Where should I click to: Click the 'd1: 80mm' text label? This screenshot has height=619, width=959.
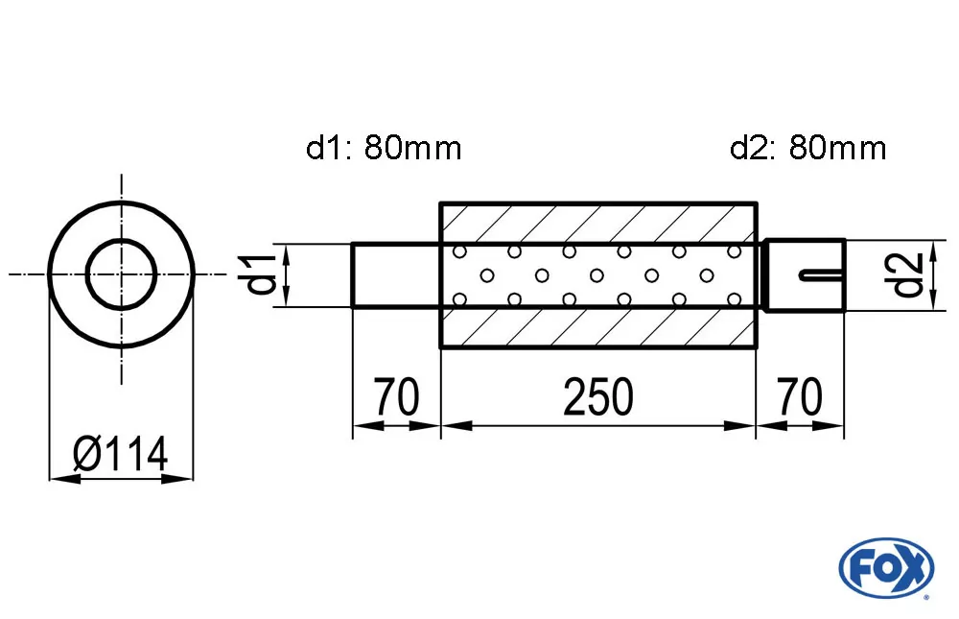384,148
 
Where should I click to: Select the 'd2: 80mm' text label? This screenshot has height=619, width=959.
807,148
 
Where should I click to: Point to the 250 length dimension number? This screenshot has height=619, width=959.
598,396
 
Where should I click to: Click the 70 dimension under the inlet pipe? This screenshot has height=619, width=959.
396,396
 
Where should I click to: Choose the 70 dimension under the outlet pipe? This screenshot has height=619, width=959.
800,396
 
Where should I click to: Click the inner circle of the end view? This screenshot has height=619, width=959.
121,274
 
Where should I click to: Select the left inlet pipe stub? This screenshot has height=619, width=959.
395,275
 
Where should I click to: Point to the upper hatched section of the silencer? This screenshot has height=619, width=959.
598,223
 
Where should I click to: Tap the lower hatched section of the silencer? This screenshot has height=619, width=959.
598,328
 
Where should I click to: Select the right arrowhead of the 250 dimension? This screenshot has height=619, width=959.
744,424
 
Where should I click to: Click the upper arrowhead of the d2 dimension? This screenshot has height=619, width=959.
933,249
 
